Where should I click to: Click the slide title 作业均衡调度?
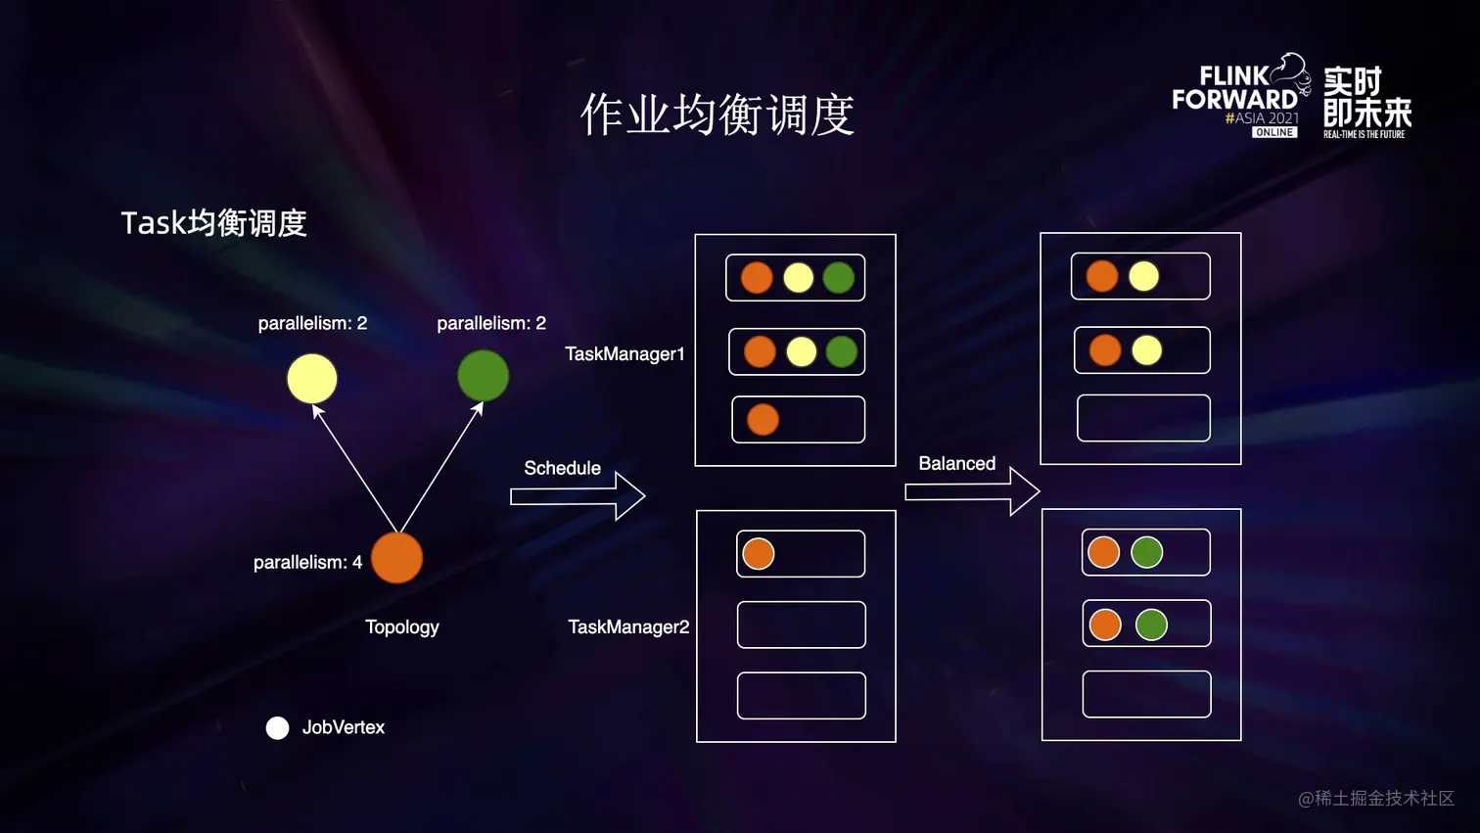717,116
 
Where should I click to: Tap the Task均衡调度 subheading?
213,223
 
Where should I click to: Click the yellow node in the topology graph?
312,379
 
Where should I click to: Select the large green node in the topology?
484,376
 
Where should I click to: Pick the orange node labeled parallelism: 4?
396,558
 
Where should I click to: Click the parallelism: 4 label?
307,563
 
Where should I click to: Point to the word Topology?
401,627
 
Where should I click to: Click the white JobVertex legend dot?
277,728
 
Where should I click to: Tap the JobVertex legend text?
343,727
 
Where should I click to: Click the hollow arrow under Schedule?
578,496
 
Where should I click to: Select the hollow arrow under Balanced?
972,490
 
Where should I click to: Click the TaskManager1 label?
624,354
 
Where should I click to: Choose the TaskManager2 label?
628,627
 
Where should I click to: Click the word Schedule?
562,469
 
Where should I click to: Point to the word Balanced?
956,464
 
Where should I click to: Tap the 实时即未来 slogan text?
1366,101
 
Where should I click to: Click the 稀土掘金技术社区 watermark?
1376,799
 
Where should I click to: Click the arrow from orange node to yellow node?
355,469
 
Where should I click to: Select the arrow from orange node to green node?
440,468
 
